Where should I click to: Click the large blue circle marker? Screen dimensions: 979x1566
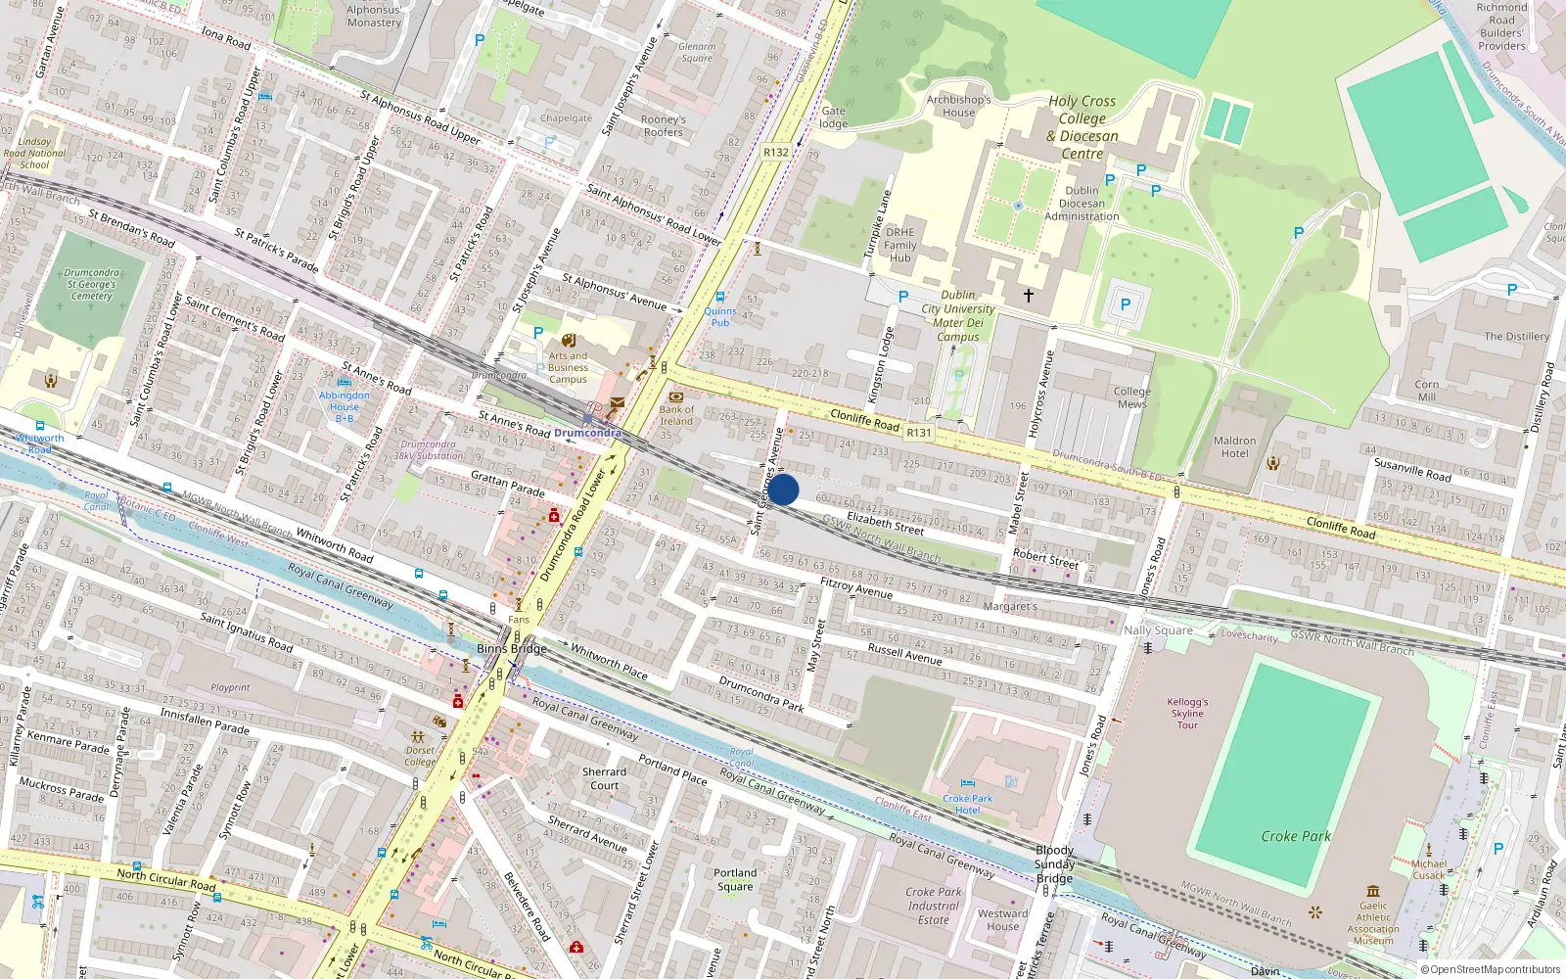[x=783, y=489]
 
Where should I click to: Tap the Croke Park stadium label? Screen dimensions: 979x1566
[x=1295, y=836]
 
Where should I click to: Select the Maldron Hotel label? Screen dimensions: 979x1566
[x=1234, y=447]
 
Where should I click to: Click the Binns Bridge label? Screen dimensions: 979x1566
[x=512, y=648]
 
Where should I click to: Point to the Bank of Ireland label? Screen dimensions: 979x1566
[x=675, y=416]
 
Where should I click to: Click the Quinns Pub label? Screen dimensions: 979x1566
[x=720, y=316]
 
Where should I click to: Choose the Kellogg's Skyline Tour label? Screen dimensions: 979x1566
[x=1187, y=714]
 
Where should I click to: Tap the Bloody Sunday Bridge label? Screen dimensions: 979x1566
[x=1054, y=864]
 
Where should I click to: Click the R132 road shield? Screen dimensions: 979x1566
[x=776, y=152]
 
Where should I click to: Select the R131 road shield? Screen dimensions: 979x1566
[x=919, y=433]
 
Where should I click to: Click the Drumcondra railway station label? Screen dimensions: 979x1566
[x=587, y=433]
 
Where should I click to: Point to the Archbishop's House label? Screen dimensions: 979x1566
[x=959, y=106]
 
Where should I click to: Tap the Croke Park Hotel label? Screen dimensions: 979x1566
[x=967, y=804]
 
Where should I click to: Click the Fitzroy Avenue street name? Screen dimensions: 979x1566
[x=856, y=587]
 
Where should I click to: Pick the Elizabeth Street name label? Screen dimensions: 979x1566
[x=885, y=523]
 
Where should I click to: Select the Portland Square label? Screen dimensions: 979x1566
[x=735, y=879]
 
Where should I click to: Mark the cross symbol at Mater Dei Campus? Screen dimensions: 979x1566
[x=1029, y=295]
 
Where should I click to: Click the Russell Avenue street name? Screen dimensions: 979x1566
[x=904, y=654]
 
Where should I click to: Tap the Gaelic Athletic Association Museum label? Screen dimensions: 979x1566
[x=1373, y=923]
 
